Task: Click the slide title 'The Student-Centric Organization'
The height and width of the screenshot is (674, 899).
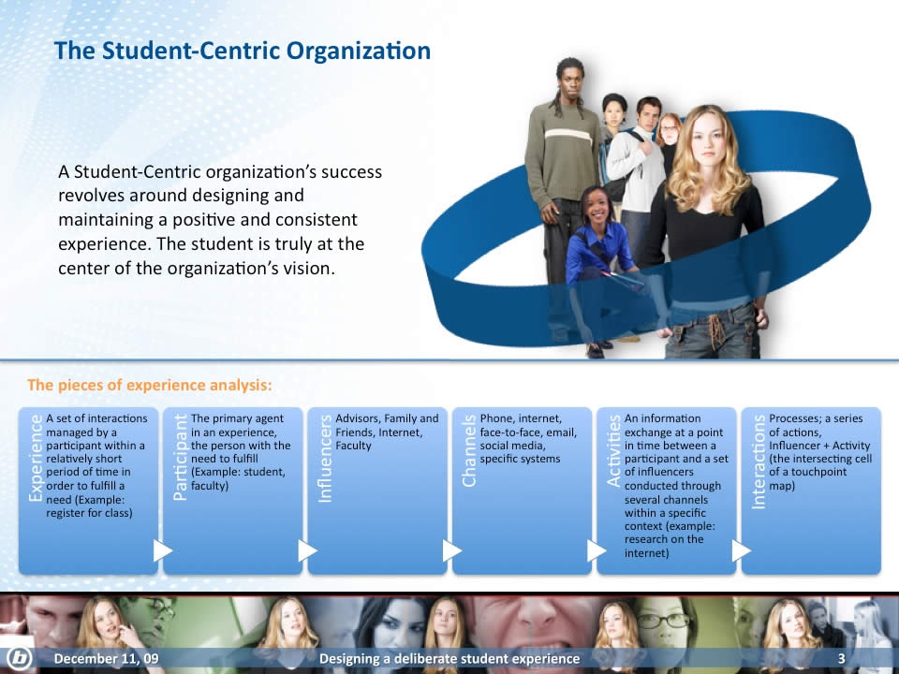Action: (x=242, y=51)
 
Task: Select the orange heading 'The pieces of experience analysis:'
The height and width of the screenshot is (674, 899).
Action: (x=150, y=385)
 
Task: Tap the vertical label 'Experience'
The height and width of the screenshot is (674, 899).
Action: (x=36, y=458)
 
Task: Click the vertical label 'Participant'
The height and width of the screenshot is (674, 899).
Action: (x=180, y=457)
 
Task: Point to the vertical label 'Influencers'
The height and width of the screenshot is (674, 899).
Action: (x=325, y=459)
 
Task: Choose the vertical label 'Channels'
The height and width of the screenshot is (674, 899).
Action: (x=469, y=450)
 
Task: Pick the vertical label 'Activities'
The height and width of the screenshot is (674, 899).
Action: (x=613, y=450)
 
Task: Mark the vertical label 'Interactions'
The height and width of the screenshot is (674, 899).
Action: (x=758, y=462)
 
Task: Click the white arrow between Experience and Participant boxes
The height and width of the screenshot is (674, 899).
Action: (x=162, y=550)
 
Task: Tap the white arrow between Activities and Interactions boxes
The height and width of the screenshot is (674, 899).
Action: (x=741, y=550)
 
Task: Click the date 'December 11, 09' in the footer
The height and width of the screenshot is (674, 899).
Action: (x=106, y=658)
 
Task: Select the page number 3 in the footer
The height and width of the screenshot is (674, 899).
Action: (x=842, y=658)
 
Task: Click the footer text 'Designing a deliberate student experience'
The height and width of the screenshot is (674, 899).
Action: (x=449, y=659)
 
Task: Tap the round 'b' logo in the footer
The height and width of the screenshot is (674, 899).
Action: (x=20, y=658)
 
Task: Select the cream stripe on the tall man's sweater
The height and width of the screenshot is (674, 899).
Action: (x=568, y=135)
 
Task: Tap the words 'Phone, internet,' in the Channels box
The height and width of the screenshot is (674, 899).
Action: (x=521, y=419)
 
